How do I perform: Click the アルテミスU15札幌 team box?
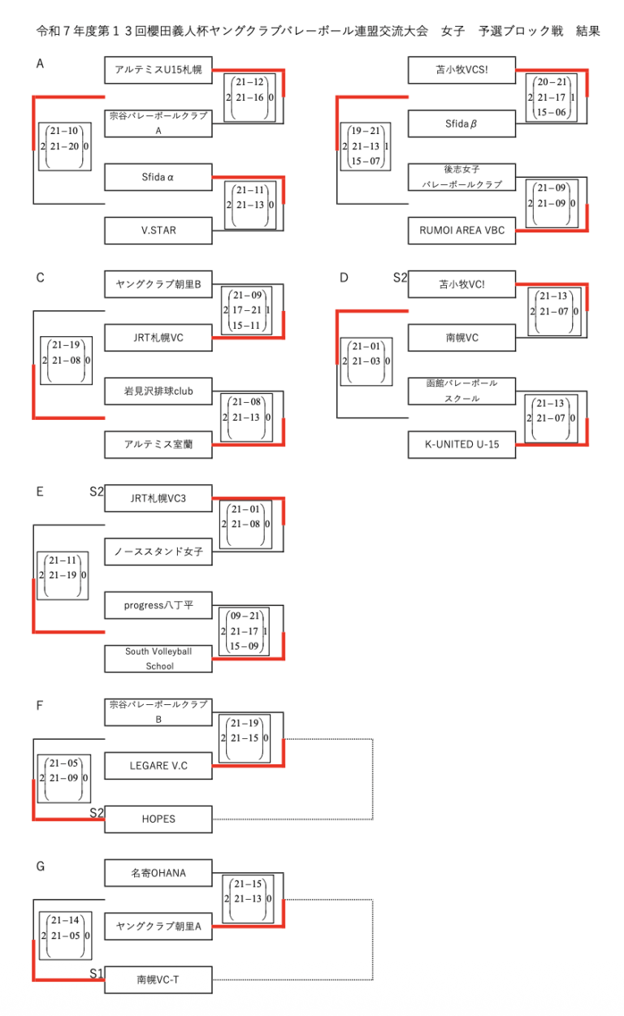point(158,70)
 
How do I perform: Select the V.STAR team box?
point(158,231)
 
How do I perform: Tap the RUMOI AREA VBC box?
point(461,231)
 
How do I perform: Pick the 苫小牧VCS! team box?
point(461,70)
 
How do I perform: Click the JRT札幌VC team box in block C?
point(158,337)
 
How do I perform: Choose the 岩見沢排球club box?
point(158,391)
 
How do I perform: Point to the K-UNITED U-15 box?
point(461,444)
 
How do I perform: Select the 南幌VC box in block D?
point(461,337)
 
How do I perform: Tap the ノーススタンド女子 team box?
point(158,551)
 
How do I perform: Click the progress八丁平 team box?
point(158,605)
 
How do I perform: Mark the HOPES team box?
point(158,819)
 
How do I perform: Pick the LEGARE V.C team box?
point(158,765)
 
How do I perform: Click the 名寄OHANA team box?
point(158,873)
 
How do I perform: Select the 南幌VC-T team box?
point(158,980)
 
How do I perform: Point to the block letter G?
point(41,867)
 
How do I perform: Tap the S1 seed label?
point(97,973)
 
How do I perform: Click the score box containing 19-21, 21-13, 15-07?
point(365,146)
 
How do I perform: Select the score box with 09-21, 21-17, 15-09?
point(245,631)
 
